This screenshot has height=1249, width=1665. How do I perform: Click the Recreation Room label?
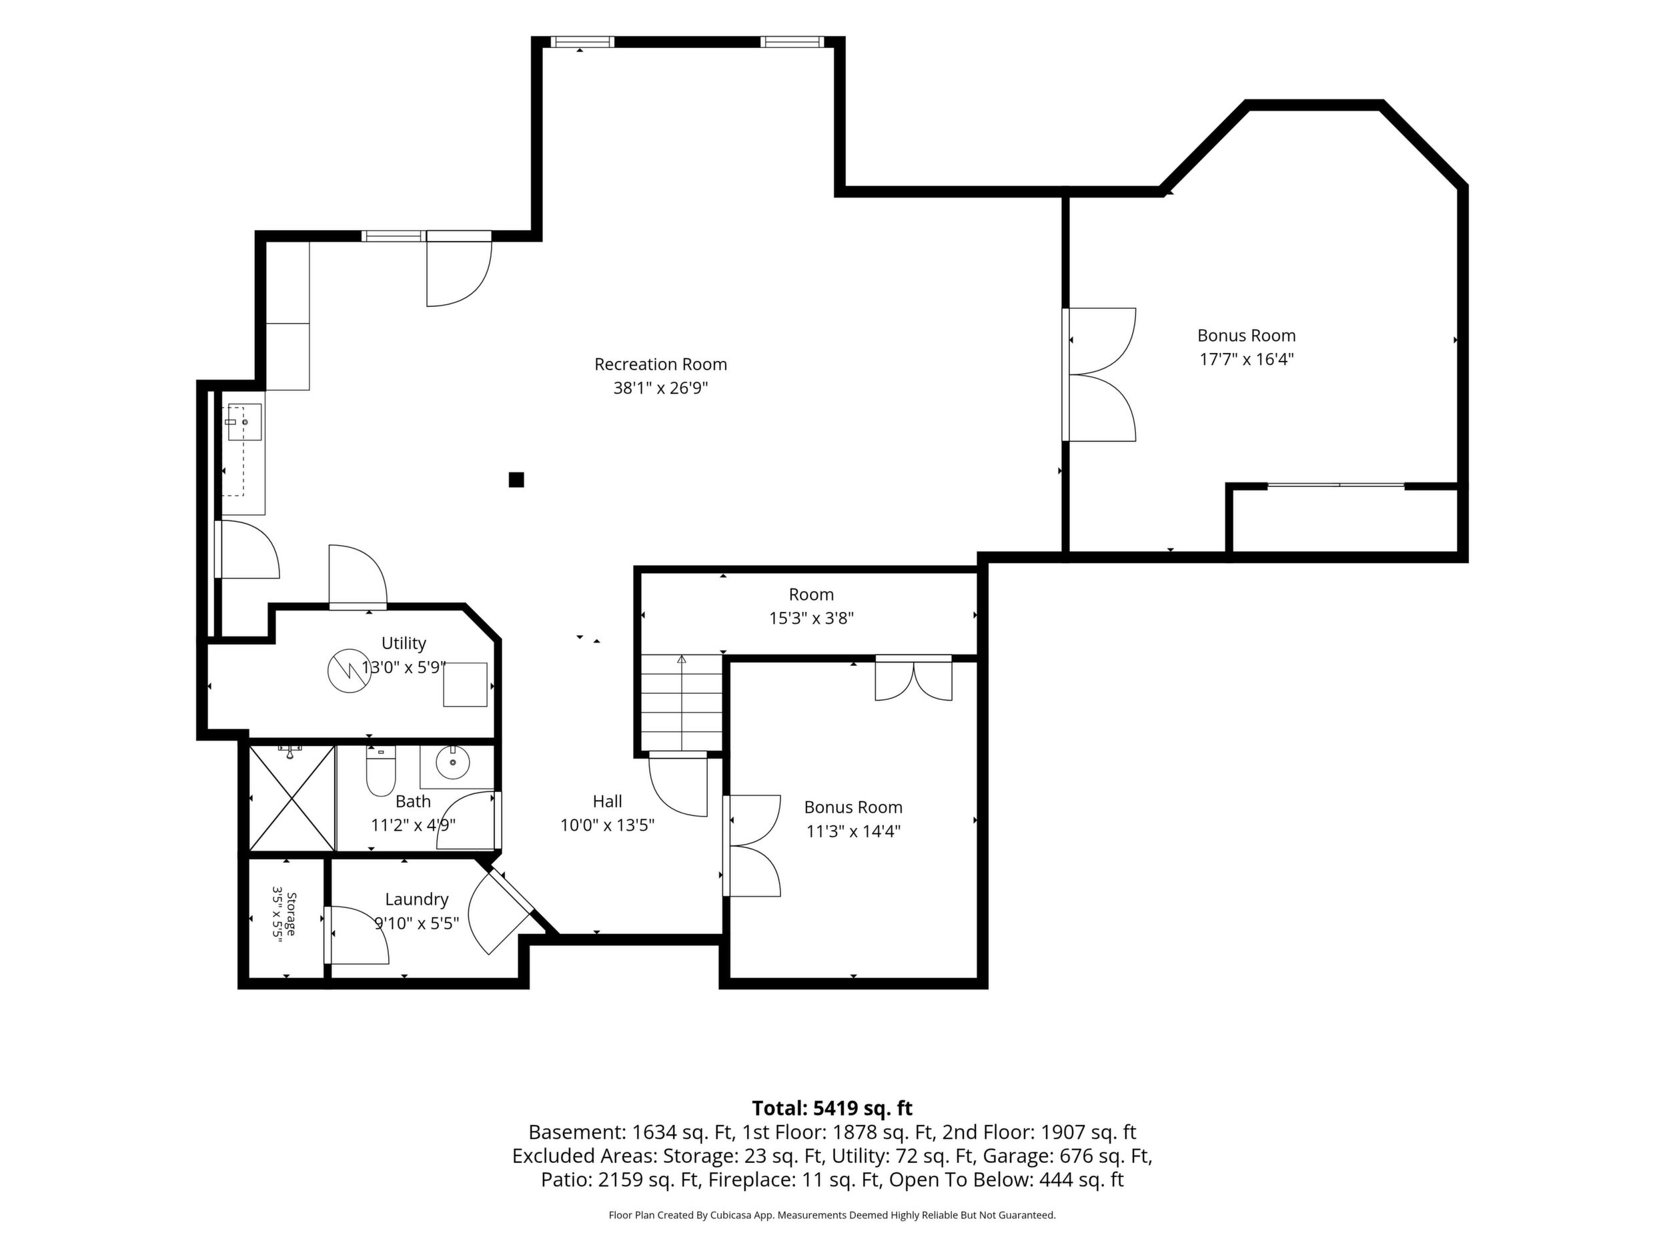coord(660,364)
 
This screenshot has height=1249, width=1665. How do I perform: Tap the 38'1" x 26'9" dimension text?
coord(661,388)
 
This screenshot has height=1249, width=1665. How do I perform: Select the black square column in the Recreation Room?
coord(516,480)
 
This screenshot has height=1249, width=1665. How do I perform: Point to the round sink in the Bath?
coord(452,763)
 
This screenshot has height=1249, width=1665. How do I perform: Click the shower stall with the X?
coord(292,798)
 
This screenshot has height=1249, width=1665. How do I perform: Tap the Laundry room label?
coord(416,899)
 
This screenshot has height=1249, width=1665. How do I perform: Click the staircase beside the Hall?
coord(681,703)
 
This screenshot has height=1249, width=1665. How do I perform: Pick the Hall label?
coord(608,801)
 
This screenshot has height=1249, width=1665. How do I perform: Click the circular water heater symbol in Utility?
coord(350,670)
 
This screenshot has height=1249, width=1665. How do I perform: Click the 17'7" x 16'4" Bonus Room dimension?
coord(1247,360)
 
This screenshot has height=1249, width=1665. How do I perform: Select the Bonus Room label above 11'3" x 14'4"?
coord(853,807)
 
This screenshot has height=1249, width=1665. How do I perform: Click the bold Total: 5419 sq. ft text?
coord(832,1108)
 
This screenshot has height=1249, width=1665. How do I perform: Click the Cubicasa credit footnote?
coord(832,1215)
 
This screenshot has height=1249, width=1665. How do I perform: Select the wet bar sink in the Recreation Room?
coord(245,422)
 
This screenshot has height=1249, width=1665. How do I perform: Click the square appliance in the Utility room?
coord(465,685)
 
